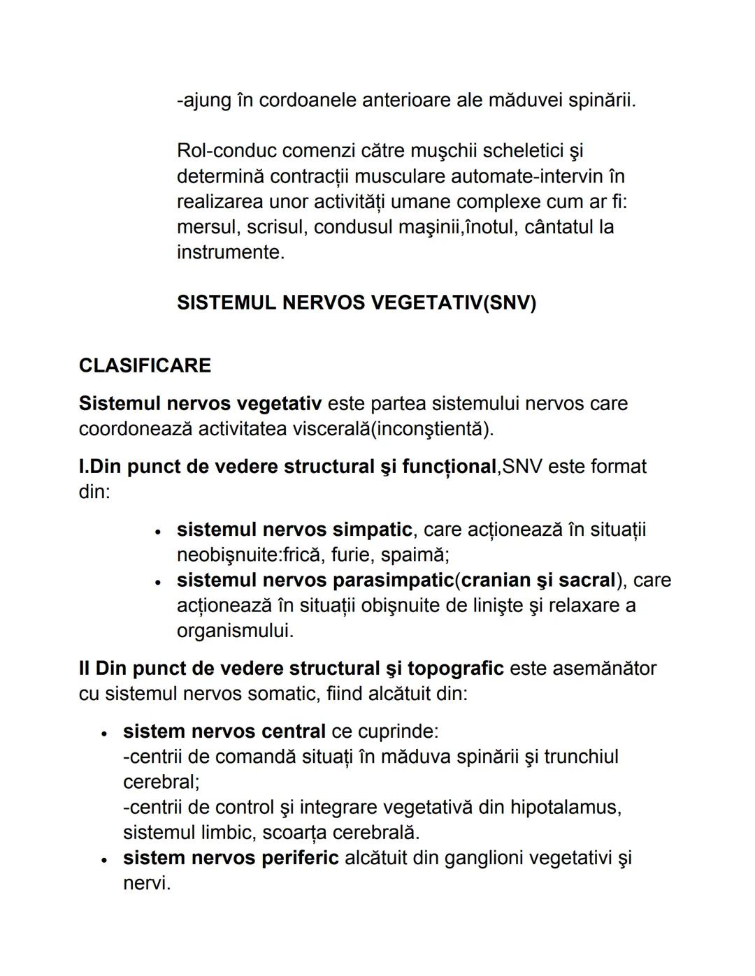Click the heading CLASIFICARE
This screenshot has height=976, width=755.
[x=145, y=365]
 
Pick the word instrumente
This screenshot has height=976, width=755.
[x=230, y=252]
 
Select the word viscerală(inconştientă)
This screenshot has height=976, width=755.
[x=392, y=429]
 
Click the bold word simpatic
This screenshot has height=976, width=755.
[x=372, y=530]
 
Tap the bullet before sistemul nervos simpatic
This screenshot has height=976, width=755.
[x=159, y=531]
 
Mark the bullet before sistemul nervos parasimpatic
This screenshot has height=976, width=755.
[x=159, y=581]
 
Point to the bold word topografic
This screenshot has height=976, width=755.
[x=455, y=669]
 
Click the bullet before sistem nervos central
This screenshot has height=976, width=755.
[x=105, y=733]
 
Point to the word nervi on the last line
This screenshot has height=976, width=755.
[x=146, y=883]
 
